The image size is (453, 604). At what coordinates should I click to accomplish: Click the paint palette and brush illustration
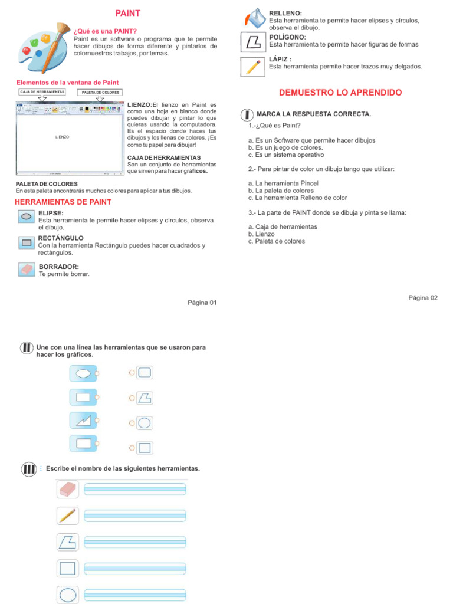(x=41, y=47)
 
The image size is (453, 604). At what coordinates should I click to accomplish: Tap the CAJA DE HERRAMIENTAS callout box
(x=42, y=92)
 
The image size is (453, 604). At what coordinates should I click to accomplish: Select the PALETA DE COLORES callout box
(x=100, y=92)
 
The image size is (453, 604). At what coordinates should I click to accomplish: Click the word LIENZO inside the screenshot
(x=62, y=137)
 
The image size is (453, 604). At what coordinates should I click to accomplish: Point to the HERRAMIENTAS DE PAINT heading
(x=63, y=202)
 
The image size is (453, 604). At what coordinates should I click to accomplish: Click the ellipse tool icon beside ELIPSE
(x=27, y=216)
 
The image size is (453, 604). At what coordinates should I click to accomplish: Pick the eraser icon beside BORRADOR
(x=27, y=270)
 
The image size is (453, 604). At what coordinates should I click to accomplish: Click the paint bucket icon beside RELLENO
(x=255, y=19)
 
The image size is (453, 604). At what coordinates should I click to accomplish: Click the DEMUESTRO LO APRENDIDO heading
(x=340, y=93)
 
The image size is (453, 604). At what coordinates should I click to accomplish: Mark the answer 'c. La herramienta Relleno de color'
(x=297, y=198)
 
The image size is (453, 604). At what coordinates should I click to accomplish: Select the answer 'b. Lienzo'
(x=261, y=234)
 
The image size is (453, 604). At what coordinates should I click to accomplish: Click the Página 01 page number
(x=202, y=303)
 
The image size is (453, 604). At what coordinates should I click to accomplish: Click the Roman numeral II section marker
(x=27, y=348)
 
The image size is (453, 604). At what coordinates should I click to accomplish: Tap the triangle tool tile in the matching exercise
(x=83, y=421)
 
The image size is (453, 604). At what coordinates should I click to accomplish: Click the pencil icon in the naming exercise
(x=67, y=515)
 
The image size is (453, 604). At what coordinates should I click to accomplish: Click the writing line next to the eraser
(x=135, y=488)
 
